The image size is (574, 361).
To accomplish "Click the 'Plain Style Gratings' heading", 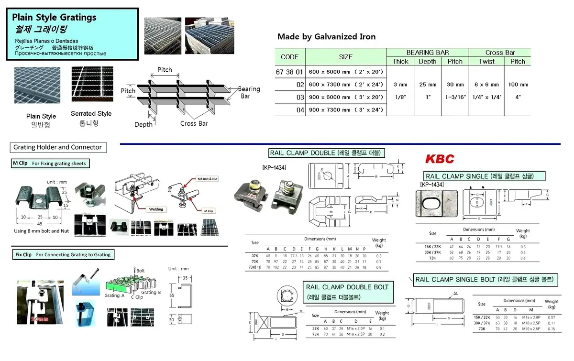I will [x=54, y=18].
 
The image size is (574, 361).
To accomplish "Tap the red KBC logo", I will [x=440, y=159].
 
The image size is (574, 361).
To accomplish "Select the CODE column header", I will [x=289, y=57].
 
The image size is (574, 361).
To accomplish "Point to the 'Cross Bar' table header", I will [x=500, y=53].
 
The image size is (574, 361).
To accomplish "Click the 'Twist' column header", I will [x=486, y=61].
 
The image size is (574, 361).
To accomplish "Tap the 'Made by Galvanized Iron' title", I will [x=326, y=37].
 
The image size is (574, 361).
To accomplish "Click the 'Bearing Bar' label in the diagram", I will [x=248, y=92].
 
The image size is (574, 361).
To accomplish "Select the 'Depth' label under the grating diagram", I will [x=143, y=124].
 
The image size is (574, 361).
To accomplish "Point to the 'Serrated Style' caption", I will [x=91, y=114].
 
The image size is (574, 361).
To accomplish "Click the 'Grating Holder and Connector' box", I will [x=57, y=147].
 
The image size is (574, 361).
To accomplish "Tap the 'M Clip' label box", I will [x=50, y=164].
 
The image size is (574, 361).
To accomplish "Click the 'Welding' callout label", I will [x=156, y=209].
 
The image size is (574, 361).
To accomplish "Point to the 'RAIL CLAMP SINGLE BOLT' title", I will [x=484, y=279].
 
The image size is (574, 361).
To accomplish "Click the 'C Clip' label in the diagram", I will [x=137, y=297].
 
